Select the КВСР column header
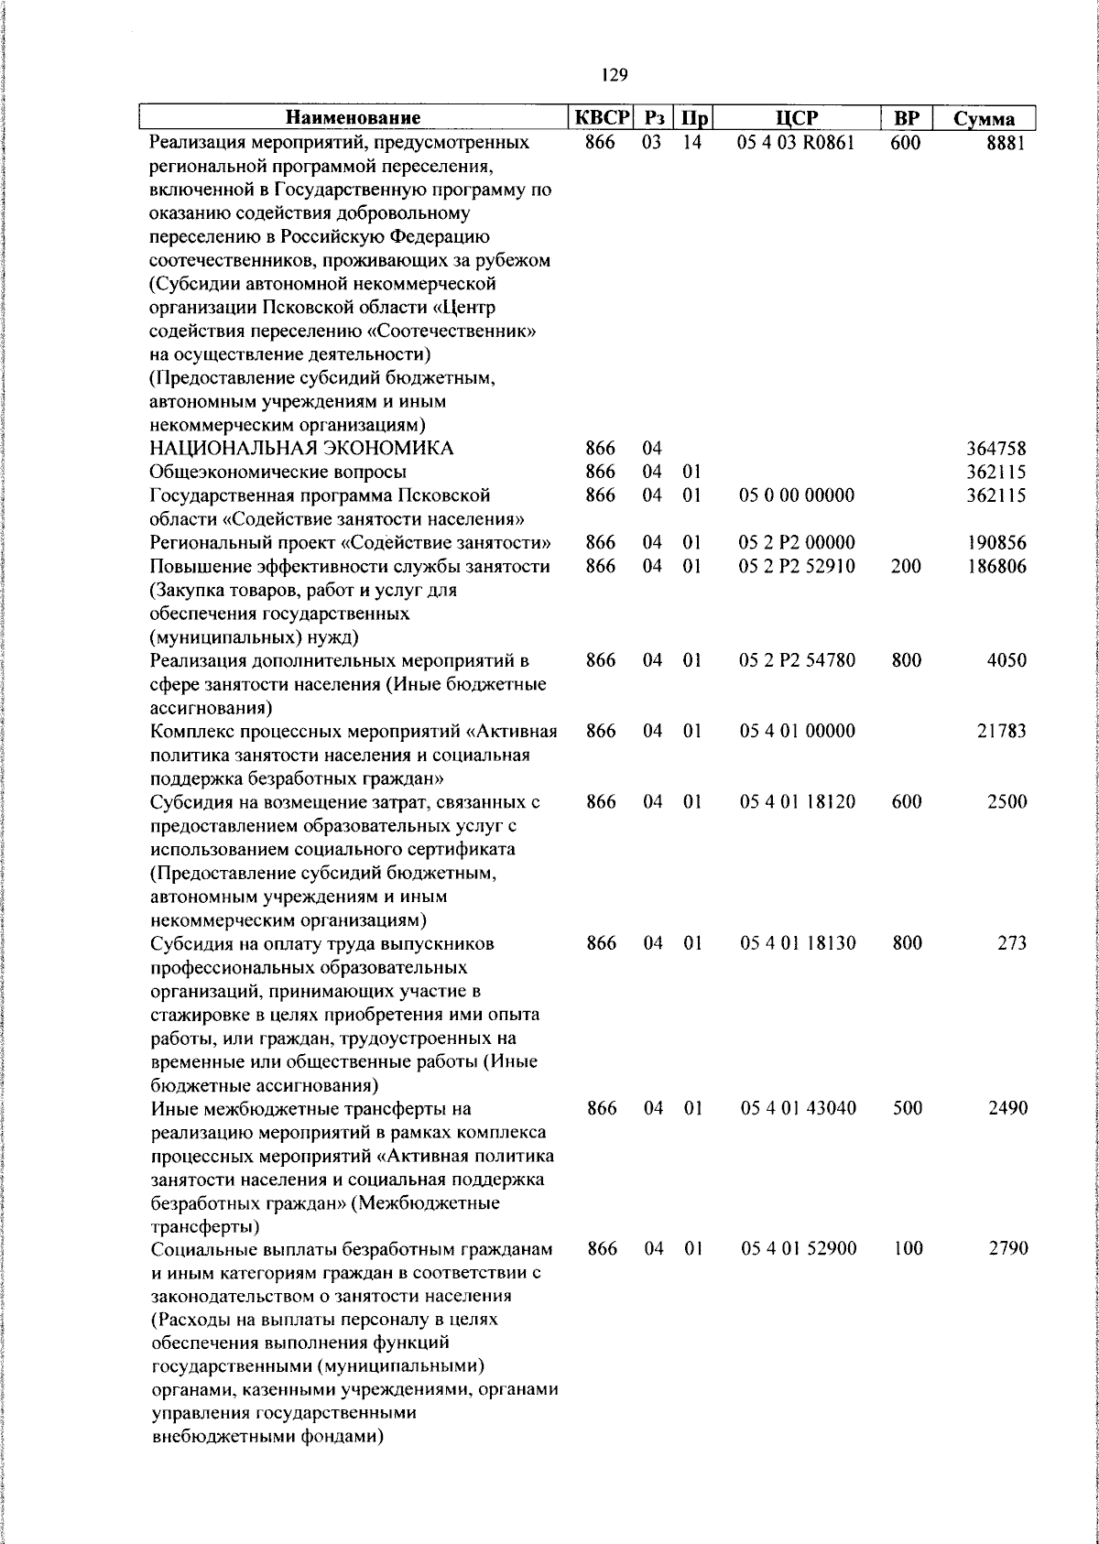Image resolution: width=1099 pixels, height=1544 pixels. click(x=602, y=118)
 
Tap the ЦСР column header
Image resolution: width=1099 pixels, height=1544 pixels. click(x=796, y=118)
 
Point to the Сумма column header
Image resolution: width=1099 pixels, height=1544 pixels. click(x=984, y=119)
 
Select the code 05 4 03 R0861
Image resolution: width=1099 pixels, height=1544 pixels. click(x=797, y=144)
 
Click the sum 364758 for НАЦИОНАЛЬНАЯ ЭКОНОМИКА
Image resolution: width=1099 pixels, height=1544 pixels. click(x=996, y=449)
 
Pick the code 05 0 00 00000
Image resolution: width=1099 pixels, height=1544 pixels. click(x=797, y=495)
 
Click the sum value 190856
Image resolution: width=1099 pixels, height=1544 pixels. click(x=996, y=543)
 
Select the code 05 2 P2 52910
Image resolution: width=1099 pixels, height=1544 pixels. click(x=797, y=567)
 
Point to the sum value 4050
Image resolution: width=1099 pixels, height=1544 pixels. click(x=1006, y=660)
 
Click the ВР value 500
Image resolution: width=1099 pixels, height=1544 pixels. click(x=906, y=1108)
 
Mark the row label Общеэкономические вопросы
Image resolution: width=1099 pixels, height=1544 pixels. click(x=278, y=473)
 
